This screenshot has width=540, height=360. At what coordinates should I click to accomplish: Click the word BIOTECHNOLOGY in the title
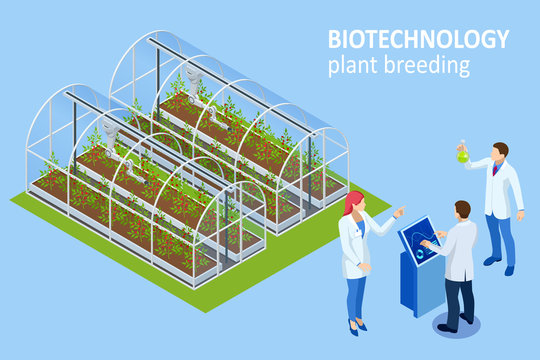(x=418, y=41)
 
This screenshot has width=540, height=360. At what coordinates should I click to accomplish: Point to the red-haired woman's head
(x=354, y=203)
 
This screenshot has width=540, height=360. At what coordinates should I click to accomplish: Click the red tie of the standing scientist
(x=494, y=170)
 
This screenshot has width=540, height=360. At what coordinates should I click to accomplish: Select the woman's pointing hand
(x=399, y=212)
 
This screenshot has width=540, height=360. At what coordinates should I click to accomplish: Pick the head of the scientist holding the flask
(x=500, y=150)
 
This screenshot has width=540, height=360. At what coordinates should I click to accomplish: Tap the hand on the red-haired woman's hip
(x=365, y=267)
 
